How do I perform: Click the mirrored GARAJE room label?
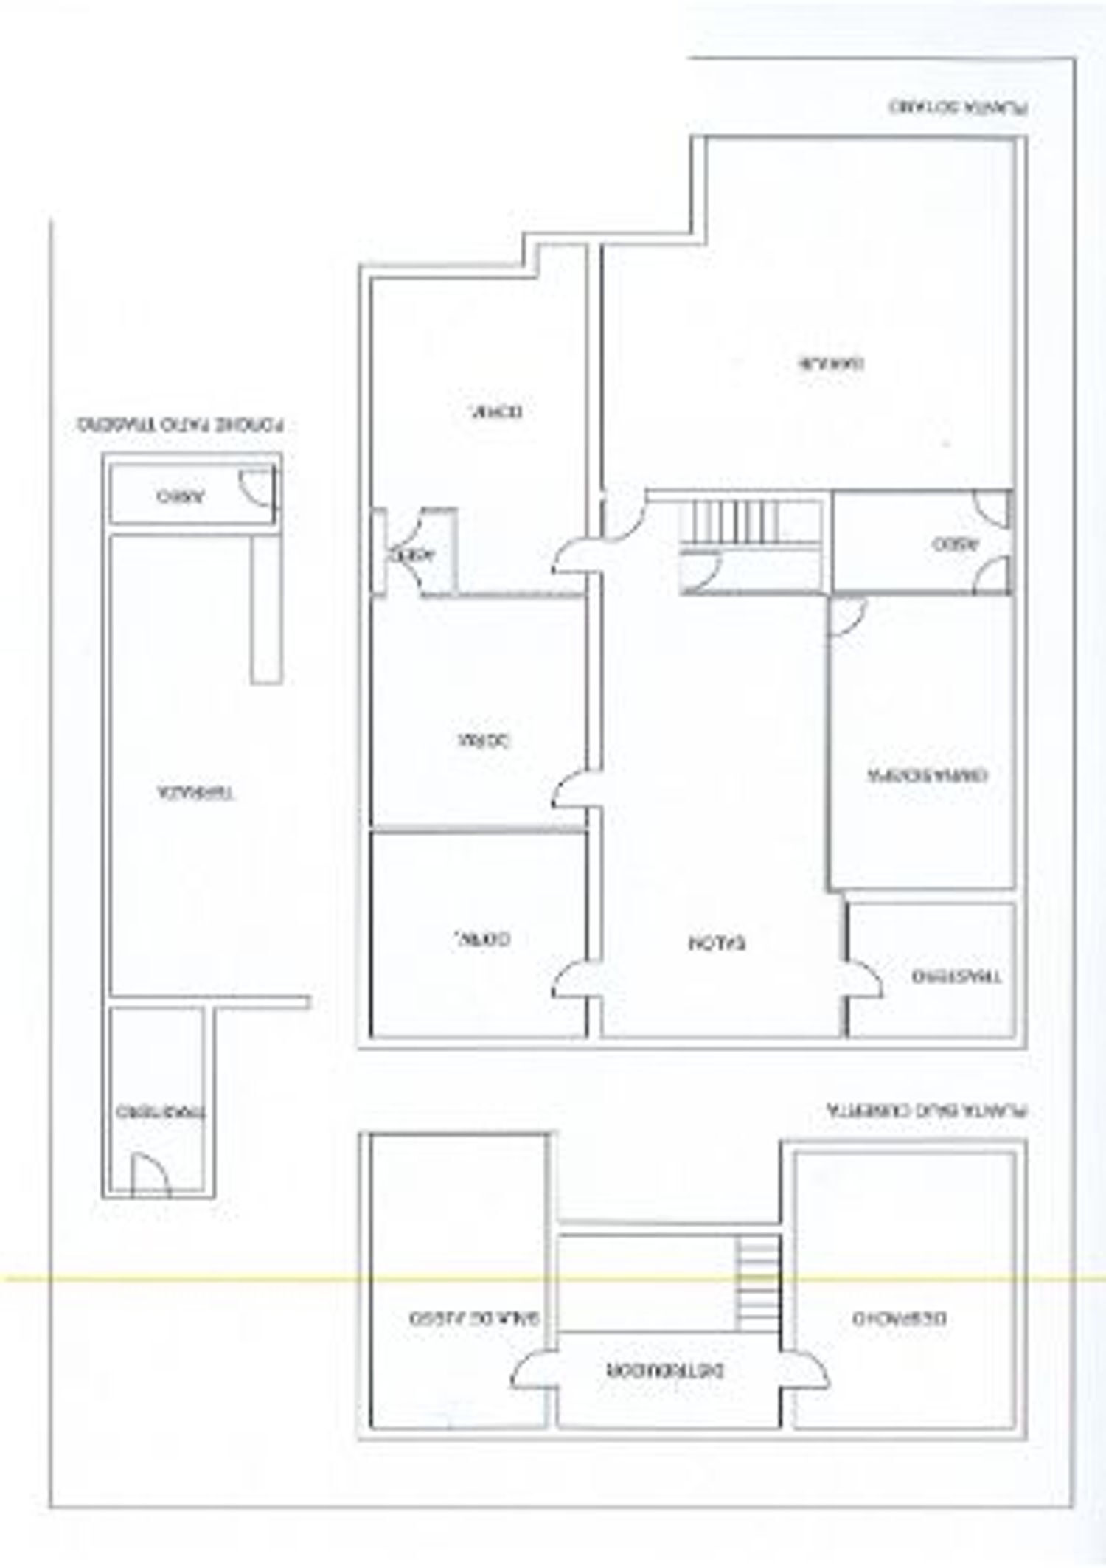(x=832, y=363)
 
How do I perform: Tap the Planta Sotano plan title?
(x=958, y=107)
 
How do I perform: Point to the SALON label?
(x=717, y=943)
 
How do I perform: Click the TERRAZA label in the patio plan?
(x=196, y=794)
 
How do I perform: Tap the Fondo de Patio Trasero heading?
(x=181, y=426)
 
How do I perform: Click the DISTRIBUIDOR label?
(x=665, y=1370)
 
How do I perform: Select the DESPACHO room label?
(x=900, y=1318)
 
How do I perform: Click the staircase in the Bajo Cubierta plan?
(x=758, y=1284)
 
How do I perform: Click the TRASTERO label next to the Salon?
(x=956, y=976)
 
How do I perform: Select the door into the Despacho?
(x=805, y=1370)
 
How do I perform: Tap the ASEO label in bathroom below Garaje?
(x=955, y=545)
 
